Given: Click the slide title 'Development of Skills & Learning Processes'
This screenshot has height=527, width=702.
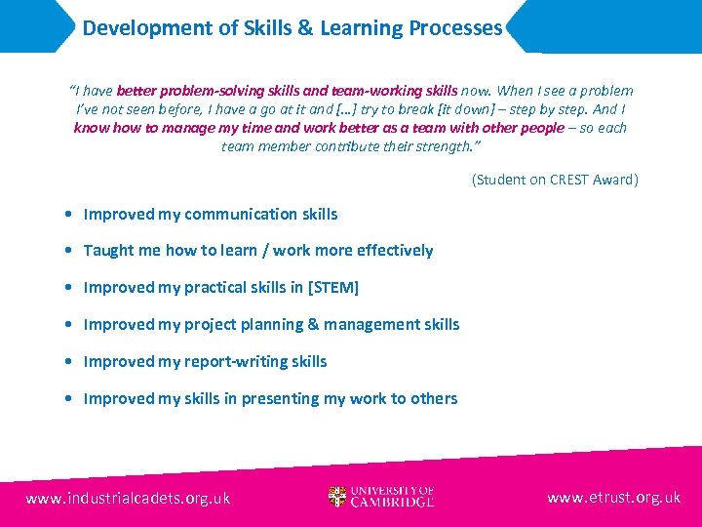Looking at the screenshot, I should [292, 28].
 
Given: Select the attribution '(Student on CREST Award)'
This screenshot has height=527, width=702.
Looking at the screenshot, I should [555, 180].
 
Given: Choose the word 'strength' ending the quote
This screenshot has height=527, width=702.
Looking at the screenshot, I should [444, 146].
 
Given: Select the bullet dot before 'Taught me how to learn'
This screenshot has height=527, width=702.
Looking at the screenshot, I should [63, 251].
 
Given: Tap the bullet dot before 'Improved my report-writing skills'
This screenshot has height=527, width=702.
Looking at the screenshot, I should [63, 362].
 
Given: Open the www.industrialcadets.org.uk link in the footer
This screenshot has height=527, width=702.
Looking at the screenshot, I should [129, 498].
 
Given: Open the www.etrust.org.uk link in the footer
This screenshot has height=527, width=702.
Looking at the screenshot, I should [613, 498].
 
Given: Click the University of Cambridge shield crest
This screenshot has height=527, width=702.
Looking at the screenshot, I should [337, 497].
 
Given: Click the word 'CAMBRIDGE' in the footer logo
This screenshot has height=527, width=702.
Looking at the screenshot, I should [393, 503].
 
